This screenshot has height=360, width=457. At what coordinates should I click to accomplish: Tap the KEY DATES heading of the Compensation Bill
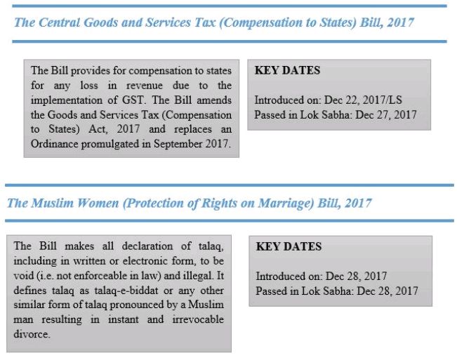coord(287,70)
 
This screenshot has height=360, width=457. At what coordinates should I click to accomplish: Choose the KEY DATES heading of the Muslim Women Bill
coord(289,246)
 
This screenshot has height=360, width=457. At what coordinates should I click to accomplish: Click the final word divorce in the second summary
coord(31,334)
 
